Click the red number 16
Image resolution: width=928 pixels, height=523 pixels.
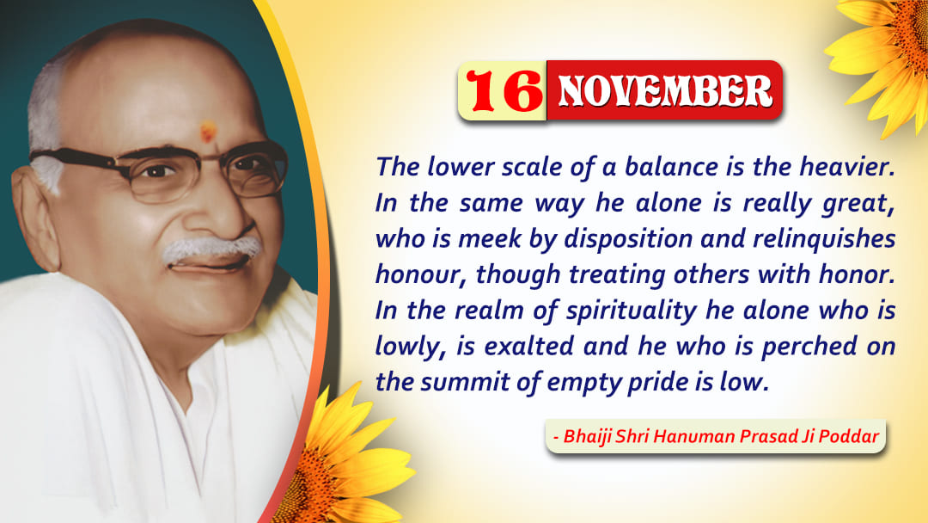(504, 90)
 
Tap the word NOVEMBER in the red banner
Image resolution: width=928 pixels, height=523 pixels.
(665, 91)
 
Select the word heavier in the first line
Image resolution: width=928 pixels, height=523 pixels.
(847, 166)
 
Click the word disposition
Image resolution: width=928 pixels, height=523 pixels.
(628, 239)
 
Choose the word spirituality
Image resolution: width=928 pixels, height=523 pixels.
(632, 311)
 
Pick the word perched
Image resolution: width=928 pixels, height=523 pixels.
(809, 347)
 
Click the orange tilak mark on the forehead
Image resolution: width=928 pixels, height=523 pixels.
(208, 132)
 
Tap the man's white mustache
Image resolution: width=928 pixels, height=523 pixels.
(211, 249)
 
